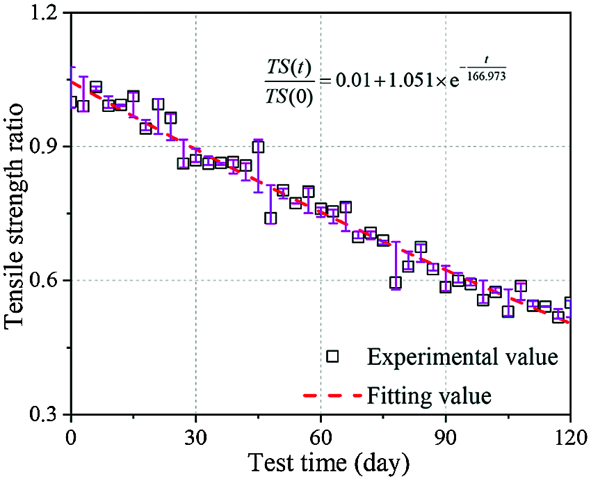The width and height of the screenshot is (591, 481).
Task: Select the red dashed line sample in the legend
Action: [332, 397]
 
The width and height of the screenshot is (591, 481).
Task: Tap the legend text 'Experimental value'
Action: [462, 357]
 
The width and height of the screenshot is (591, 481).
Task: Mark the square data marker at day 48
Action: [270, 218]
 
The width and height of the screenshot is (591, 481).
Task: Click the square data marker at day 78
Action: [396, 282]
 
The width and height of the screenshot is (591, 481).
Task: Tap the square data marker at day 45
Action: [258, 147]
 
